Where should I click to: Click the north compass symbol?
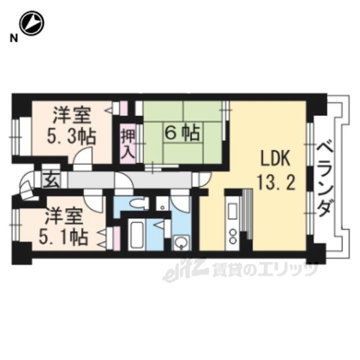point(31,23)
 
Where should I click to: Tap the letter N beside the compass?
point(13,38)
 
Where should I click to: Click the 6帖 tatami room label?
point(182,133)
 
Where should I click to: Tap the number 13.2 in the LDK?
point(276,181)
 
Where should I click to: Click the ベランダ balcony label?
point(325,179)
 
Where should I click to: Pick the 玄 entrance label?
point(51,179)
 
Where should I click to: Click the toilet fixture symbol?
point(138,204)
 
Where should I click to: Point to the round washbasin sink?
point(182,242)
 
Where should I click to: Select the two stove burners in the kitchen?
point(233,236)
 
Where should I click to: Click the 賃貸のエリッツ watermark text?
point(265,269)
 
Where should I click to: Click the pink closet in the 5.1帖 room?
point(117,238)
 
